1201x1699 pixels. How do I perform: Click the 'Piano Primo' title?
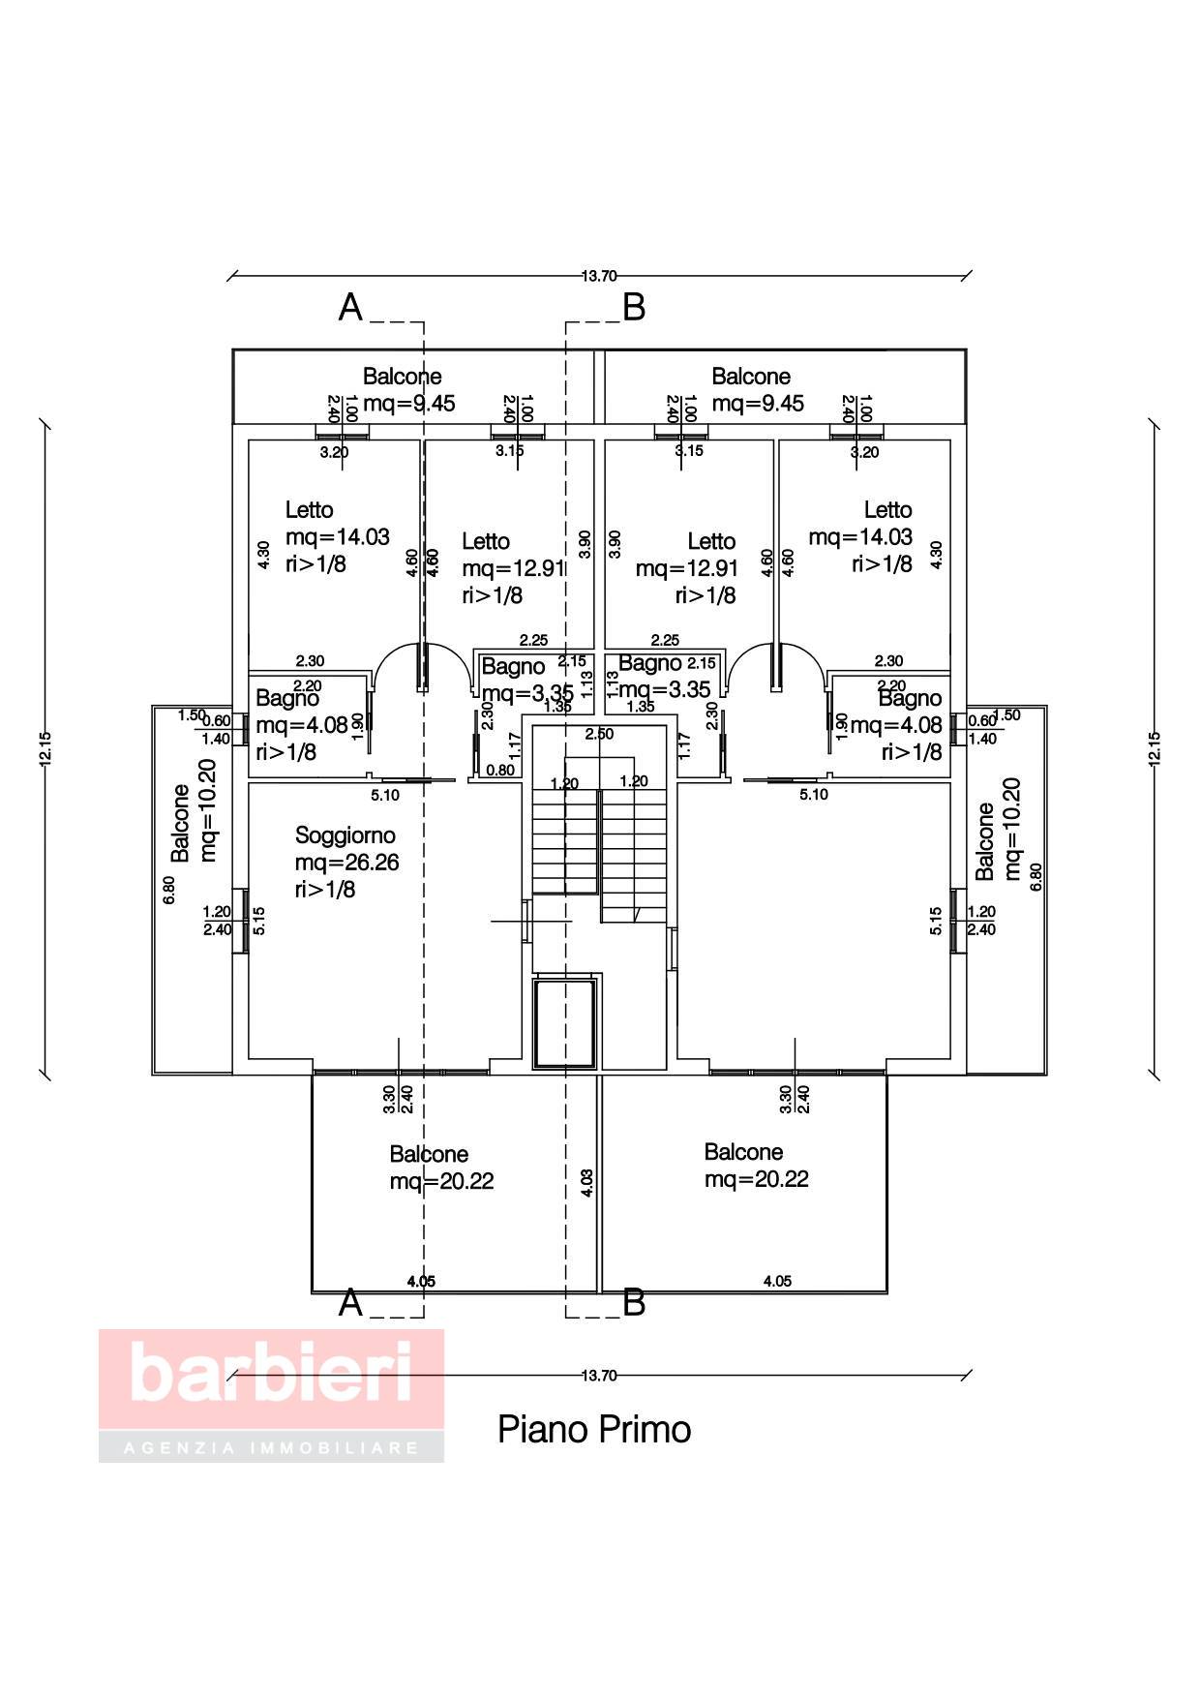tap(594, 1430)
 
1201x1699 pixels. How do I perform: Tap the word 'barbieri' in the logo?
tap(271, 1371)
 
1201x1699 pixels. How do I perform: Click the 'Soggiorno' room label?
tap(345, 834)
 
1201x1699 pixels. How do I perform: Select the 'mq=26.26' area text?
tap(346, 862)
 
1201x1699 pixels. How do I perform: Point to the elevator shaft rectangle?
tap(565, 1022)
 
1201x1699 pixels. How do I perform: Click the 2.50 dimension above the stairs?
tap(599, 734)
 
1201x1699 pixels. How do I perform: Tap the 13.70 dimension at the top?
tap(599, 276)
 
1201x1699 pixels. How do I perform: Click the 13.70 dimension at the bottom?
tap(599, 1375)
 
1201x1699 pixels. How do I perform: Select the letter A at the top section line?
tap(350, 308)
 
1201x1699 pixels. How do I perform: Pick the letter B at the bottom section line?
tap(634, 1303)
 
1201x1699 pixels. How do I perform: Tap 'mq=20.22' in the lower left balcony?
tap(441, 1181)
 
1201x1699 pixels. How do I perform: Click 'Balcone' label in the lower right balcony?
tap(743, 1152)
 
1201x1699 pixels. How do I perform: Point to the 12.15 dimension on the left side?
tap(45, 747)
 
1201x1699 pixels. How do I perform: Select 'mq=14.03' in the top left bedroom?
tap(337, 536)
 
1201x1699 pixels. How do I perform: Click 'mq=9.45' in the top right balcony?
tap(758, 403)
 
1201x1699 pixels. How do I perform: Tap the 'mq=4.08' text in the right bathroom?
tap(895, 725)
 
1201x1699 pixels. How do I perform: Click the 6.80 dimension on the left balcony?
tap(169, 890)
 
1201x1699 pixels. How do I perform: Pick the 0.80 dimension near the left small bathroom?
tap(499, 771)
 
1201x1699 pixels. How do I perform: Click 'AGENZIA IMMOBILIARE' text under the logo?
tap(271, 1448)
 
